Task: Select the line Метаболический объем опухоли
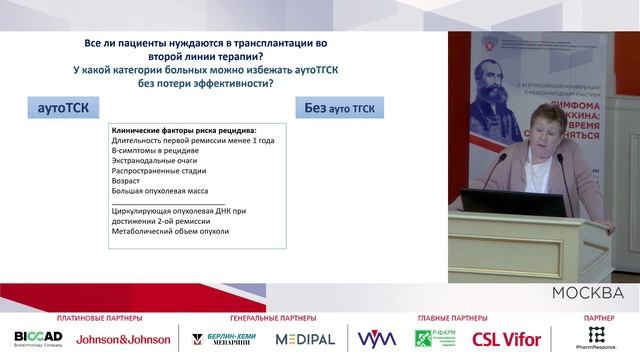pyautogui.click(x=170, y=231)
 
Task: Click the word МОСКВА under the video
pyautogui.click(x=588, y=292)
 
